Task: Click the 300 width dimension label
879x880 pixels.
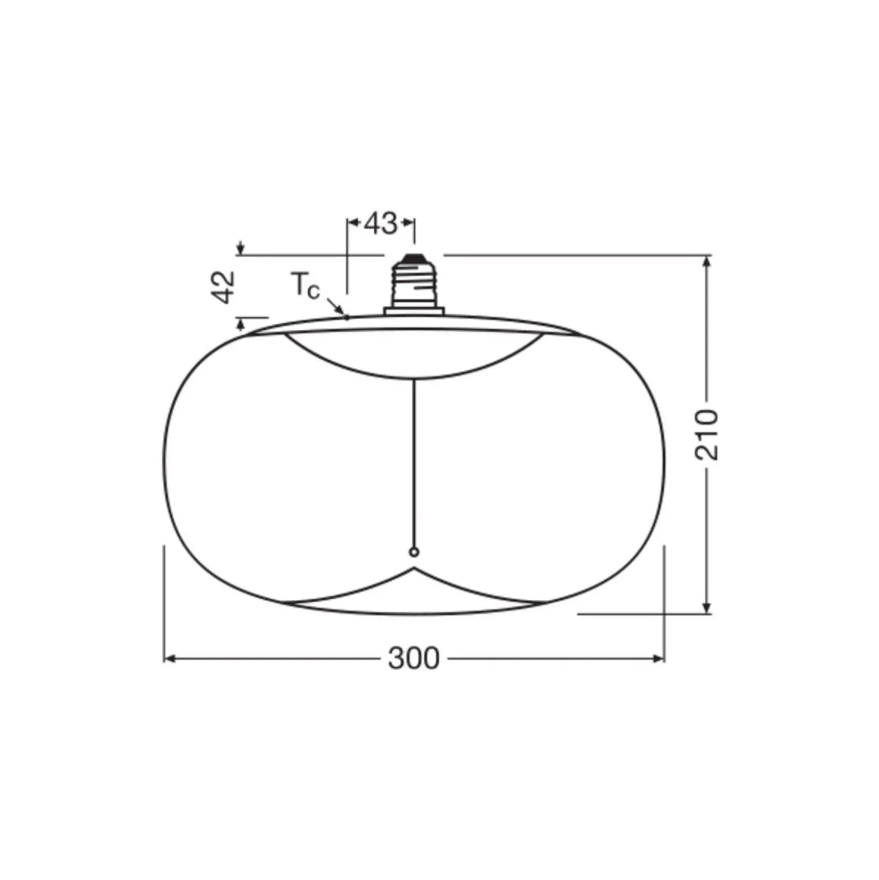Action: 414,658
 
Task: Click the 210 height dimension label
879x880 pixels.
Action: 707,435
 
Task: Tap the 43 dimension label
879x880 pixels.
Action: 381,223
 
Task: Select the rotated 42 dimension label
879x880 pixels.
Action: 224,287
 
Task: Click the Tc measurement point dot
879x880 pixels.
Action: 347,317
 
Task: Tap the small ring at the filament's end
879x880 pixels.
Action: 414,552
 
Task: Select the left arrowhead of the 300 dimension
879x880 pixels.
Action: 168,658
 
